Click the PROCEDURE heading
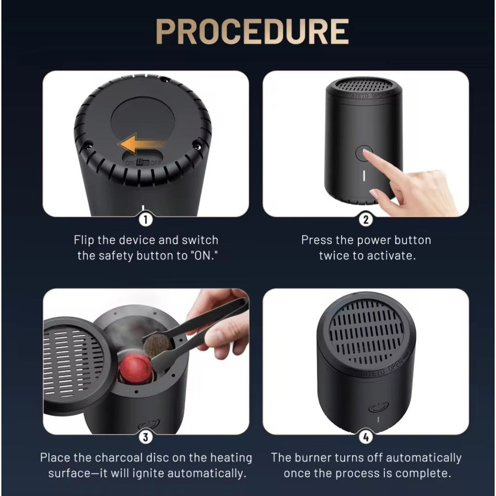[252, 31]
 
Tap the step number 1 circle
[146, 220]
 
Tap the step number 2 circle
[366, 220]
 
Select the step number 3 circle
[146, 437]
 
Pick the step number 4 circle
[366, 437]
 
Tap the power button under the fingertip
[363, 153]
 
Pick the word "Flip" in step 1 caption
[84, 240]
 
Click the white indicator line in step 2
[364, 176]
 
